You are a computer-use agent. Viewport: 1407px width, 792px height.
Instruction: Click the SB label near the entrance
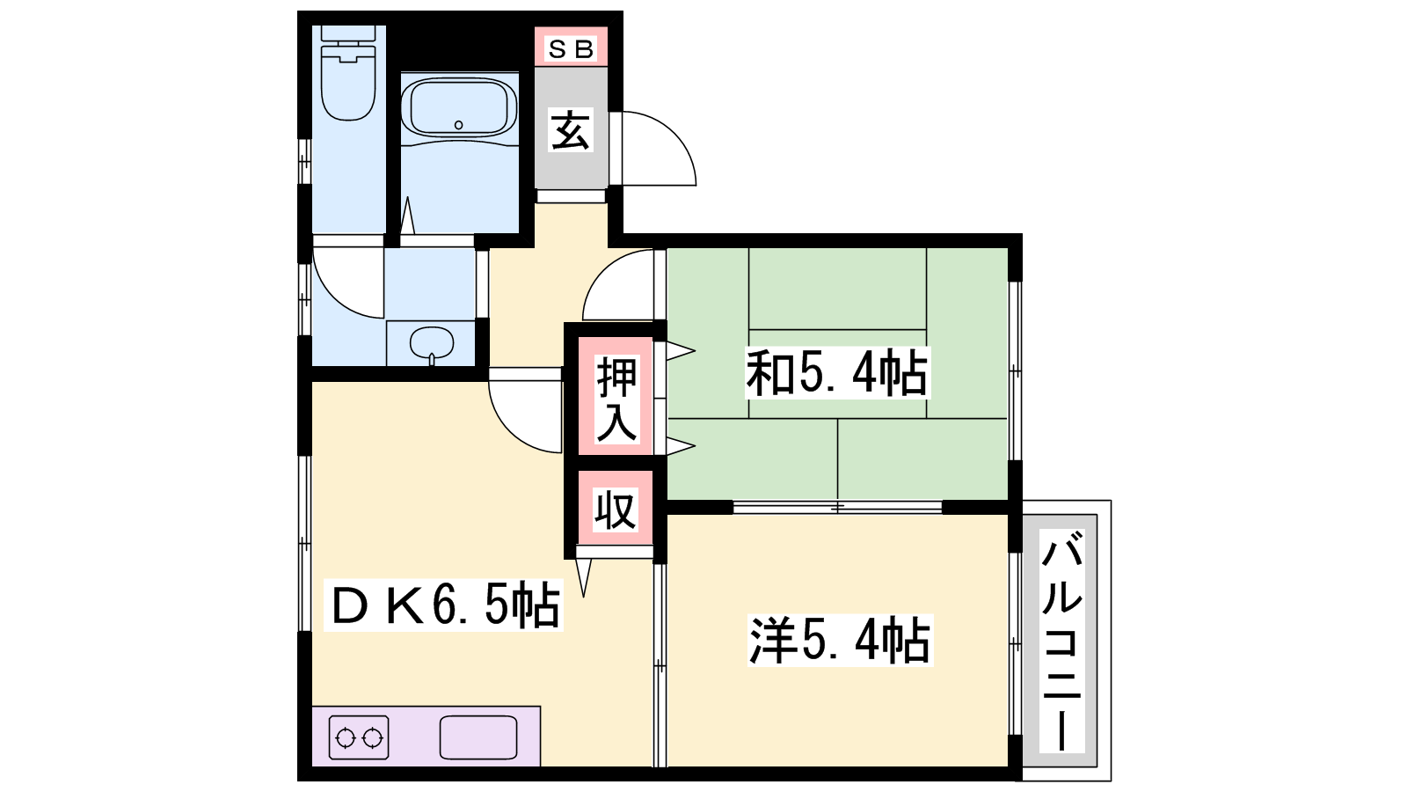(x=571, y=49)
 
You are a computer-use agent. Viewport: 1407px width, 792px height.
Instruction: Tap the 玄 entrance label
(x=571, y=130)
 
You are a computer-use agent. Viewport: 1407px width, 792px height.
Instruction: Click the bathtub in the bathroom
(x=459, y=107)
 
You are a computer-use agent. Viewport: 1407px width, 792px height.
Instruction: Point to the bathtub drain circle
(x=458, y=125)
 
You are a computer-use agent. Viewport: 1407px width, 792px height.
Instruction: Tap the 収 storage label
(x=616, y=510)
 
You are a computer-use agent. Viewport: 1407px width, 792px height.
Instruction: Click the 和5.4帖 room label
(x=836, y=373)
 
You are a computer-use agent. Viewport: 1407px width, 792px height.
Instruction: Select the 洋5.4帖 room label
(x=839, y=641)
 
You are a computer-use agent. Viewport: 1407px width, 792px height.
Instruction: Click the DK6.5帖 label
(x=444, y=605)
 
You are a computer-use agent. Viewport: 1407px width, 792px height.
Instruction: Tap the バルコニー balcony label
(x=1061, y=641)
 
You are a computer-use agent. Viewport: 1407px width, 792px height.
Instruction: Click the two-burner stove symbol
(x=359, y=737)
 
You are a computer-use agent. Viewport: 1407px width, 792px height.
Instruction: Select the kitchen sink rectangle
(x=478, y=737)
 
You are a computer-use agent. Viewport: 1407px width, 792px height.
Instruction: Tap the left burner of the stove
(x=346, y=738)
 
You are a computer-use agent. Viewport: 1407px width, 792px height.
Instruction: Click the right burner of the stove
(x=373, y=738)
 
